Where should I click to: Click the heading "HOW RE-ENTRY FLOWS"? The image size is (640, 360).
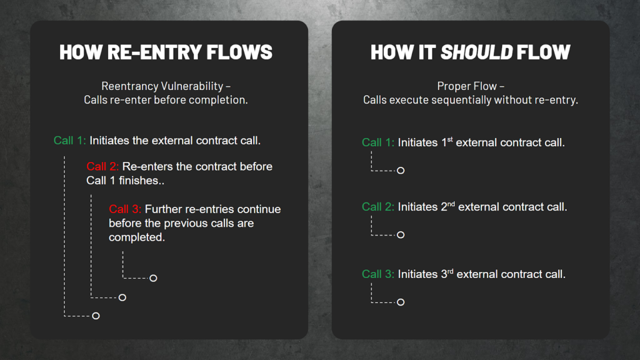point(166,52)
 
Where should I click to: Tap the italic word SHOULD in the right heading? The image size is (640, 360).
point(476,52)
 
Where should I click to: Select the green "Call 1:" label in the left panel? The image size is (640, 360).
point(69,141)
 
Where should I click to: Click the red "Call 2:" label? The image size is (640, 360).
point(102,166)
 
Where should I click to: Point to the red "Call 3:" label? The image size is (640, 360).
point(125,209)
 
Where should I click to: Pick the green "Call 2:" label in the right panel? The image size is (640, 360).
point(378,207)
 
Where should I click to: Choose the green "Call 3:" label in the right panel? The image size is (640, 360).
point(378,274)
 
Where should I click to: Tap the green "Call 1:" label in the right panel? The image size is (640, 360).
point(378,142)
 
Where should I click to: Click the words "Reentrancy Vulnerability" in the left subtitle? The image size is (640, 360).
point(162,86)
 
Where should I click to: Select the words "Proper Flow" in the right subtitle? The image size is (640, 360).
point(467,86)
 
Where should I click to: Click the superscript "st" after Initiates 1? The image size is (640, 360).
point(450,139)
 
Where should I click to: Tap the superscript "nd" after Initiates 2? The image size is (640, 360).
point(451,204)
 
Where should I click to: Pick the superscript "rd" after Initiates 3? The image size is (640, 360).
point(450,271)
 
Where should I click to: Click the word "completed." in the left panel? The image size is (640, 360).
point(137,237)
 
